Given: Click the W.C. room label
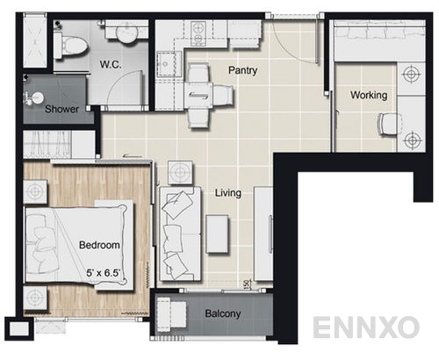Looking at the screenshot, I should pos(110,64).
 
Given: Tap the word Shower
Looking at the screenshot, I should pos(62,110).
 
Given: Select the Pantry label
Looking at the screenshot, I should pos(242,70).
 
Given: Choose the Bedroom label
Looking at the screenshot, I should pos(99,245).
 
